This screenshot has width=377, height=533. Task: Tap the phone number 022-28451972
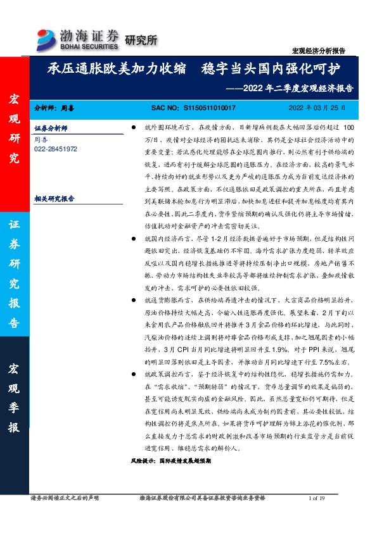[x=56, y=148]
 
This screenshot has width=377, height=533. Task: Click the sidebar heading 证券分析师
[x=50, y=127]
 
